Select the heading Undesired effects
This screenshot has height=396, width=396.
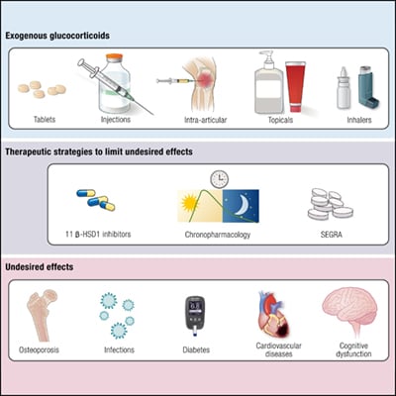pyautogui.click(x=45, y=267)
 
